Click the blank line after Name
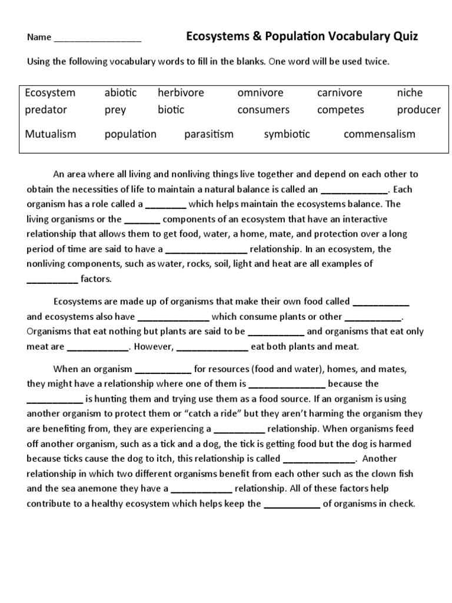[98, 39]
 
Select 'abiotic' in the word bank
[121, 93]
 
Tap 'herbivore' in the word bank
[181, 93]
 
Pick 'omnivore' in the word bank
[260, 93]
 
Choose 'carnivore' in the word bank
[340, 93]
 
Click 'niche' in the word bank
[410, 93]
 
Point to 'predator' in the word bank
[46, 110]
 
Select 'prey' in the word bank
[115, 110]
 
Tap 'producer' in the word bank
[418, 110]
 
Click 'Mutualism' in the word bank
[51, 134]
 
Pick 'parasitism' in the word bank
[208, 134]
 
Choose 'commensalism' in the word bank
[379, 134]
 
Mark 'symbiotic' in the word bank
[287, 134]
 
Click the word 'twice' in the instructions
[377, 61]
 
